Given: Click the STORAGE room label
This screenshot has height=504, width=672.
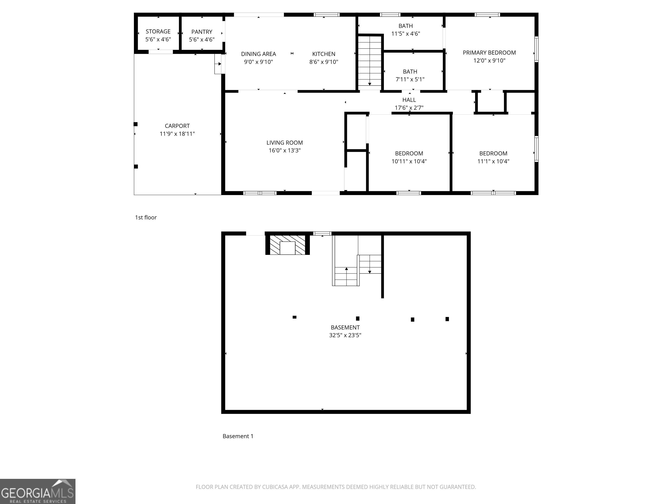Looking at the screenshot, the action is click(x=158, y=31).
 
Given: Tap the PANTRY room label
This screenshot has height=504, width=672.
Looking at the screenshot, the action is click(x=202, y=32).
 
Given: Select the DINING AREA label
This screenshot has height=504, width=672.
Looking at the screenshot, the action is click(x=259, y=54).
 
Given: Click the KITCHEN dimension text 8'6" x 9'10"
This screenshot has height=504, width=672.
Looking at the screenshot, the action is click(x=324, y=62).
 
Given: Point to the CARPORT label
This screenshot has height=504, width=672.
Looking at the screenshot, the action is click(x=177, y=126).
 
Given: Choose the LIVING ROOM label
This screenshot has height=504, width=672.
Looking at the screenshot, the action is click(x=285, y=143).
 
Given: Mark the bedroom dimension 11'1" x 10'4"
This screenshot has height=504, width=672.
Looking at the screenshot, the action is click(x=493, y=161).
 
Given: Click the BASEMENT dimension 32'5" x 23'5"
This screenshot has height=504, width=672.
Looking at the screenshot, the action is click(x=345, y=335).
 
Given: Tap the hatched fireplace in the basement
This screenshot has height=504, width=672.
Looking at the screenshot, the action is click(x=287, y=245).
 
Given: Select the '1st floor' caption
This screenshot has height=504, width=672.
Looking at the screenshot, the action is click(x=146, y=217).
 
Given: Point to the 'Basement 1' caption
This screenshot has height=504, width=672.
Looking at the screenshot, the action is click(x=238, y=436).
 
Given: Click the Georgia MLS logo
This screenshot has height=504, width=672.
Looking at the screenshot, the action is click(x=38, y=491).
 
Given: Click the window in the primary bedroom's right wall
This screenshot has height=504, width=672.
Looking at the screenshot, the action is click(x=537, y=49).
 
